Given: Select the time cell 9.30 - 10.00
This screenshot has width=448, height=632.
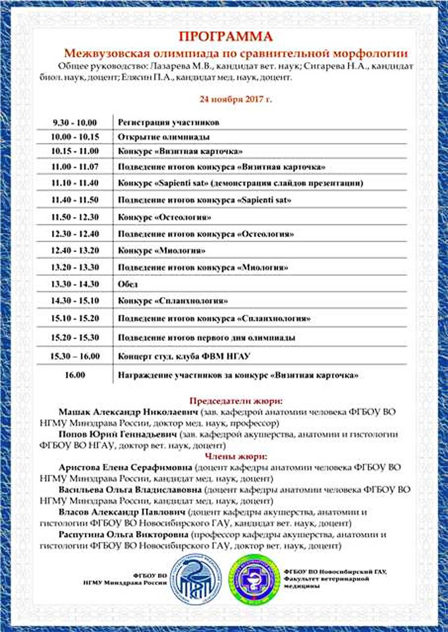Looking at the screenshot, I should coord(75,122).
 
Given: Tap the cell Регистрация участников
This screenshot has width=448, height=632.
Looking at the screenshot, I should coord(168,122).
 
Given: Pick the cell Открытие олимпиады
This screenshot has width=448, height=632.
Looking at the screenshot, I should coord(163,137).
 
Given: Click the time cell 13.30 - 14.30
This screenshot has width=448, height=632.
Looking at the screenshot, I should coord(75,284).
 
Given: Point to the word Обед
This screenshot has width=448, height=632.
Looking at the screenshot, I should coord(128,284).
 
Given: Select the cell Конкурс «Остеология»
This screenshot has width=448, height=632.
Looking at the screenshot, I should coord(165,217).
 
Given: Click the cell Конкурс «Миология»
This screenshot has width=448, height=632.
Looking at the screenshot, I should coord(161,251).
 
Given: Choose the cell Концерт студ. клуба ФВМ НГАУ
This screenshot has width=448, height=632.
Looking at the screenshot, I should coord(184,356).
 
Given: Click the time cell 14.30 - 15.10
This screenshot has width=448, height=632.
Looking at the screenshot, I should coord(75,301).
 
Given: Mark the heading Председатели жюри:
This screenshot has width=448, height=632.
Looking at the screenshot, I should coord(236,400).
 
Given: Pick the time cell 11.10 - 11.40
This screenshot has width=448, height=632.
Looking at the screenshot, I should coord(75,182).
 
